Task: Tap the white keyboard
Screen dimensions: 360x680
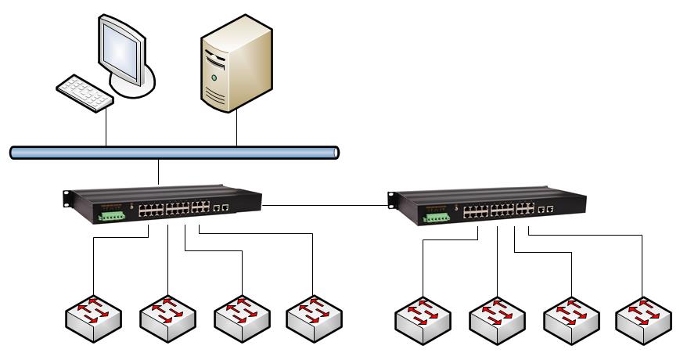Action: point(84,92)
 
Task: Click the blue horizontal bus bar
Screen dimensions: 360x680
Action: point(174,152)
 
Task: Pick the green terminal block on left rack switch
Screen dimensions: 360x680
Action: point(110,213)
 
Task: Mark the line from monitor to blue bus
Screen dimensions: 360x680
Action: point(106,128)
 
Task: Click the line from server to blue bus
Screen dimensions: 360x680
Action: point(236,128)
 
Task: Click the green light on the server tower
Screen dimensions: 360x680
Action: point(214,78)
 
